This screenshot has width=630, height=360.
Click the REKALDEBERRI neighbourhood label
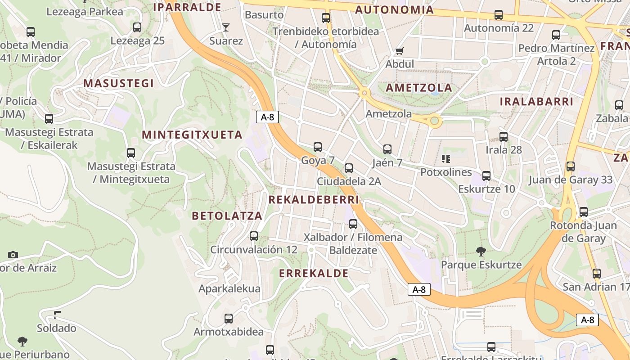314,199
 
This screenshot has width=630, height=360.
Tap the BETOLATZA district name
227,216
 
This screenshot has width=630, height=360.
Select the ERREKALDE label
314,273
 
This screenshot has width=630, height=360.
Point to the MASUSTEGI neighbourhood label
118,83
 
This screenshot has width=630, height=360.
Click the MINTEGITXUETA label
192,135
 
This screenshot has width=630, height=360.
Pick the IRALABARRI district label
536,102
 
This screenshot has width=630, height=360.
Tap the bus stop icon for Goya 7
318,147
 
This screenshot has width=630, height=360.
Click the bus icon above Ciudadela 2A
348,168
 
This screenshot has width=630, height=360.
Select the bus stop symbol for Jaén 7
387,149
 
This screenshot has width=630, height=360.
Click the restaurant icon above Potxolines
446,158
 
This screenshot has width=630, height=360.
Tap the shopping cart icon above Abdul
399,50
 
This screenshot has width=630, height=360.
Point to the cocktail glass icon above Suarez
226,27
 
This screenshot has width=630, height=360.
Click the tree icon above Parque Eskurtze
481,251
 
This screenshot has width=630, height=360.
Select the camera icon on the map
13,255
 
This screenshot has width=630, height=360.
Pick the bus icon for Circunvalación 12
254,236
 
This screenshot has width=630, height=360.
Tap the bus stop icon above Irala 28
504,136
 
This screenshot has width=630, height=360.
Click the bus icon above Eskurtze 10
486,175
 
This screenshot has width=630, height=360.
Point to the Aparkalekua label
229,288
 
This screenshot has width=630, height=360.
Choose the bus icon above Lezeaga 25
137,27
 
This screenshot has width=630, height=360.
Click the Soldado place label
57,328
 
